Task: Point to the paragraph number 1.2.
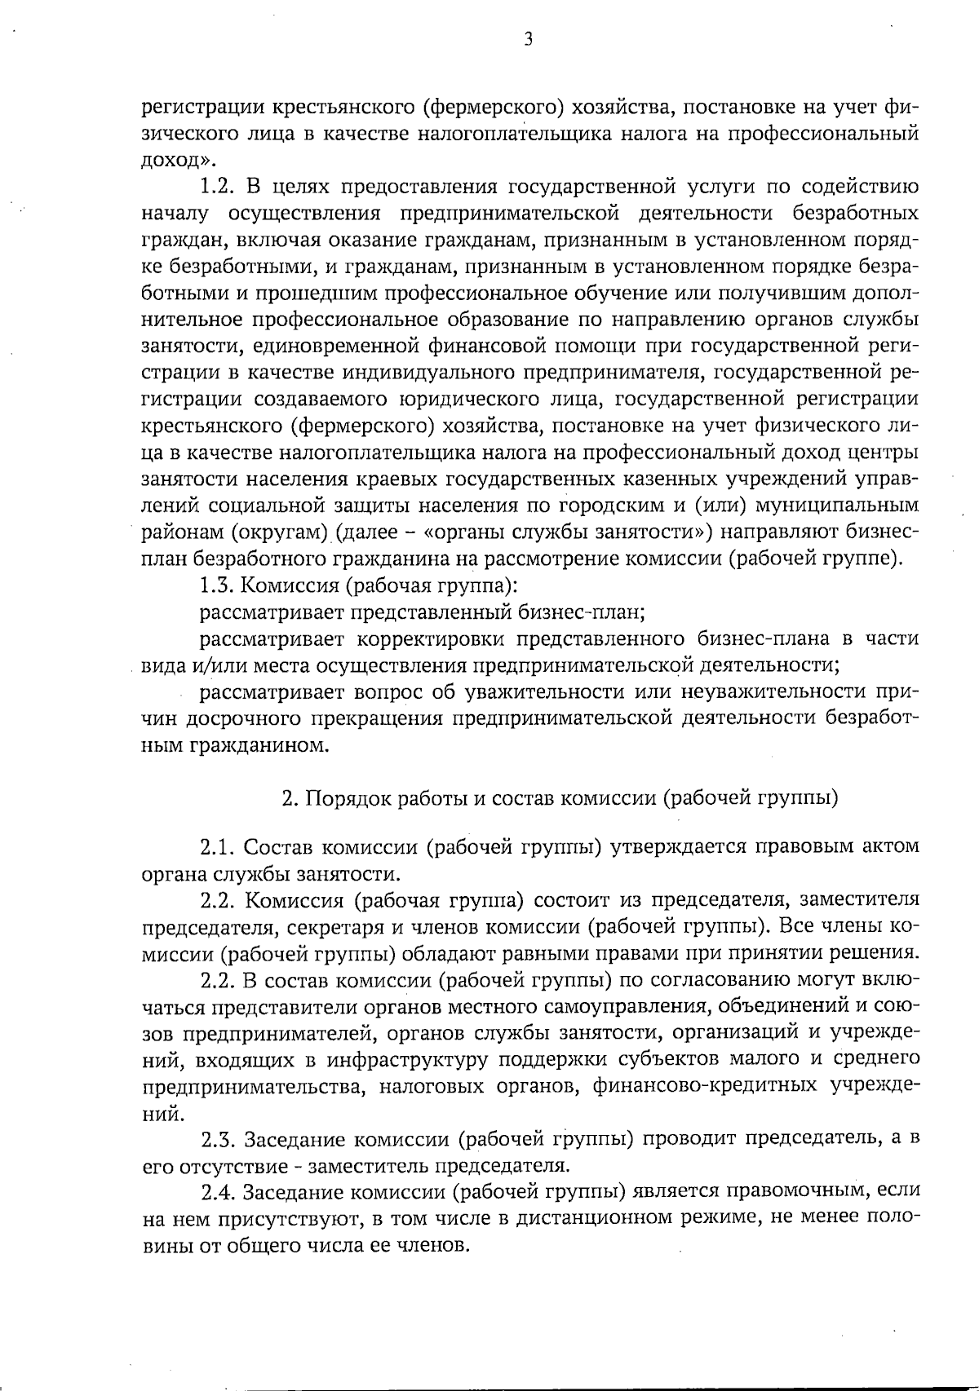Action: [218, 188]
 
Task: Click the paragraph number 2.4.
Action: [218, 1193]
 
